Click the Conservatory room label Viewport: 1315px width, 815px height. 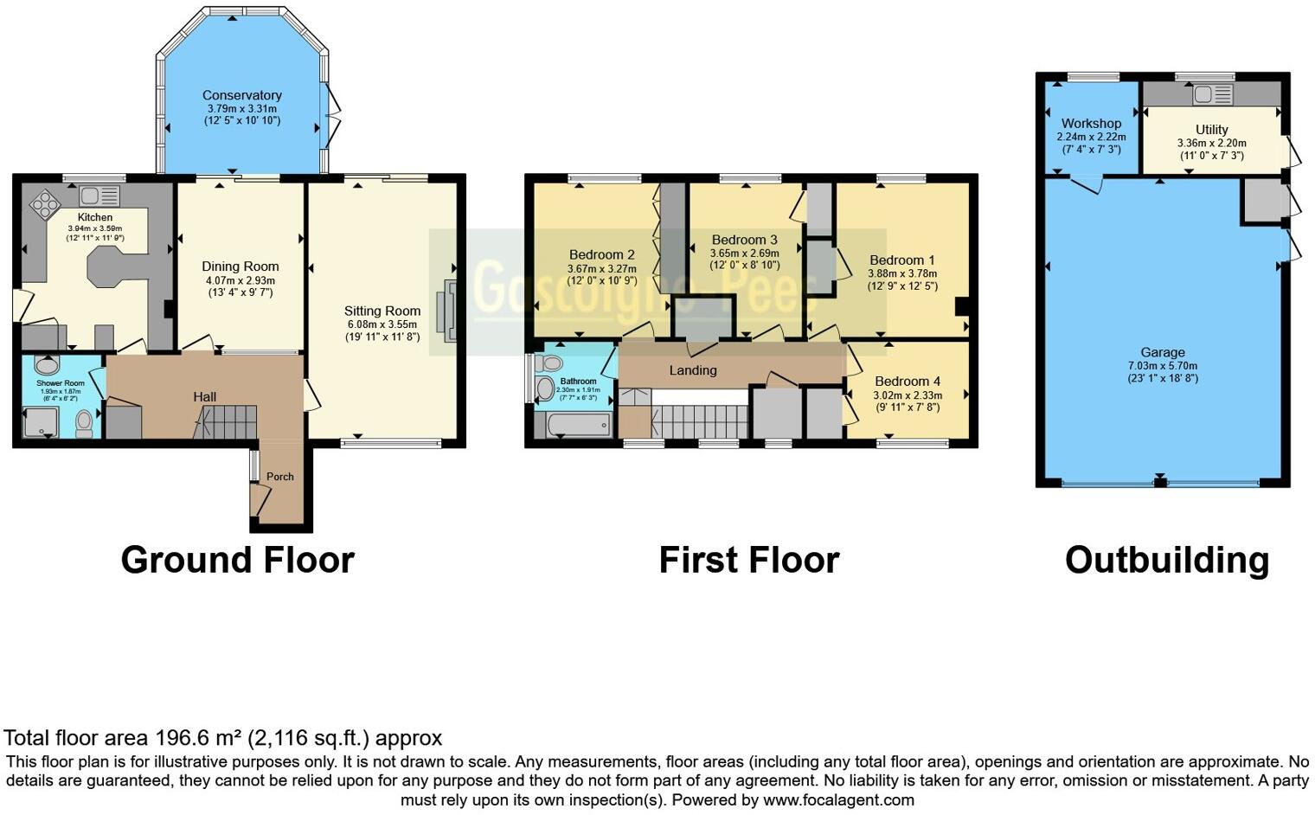coord(242,95)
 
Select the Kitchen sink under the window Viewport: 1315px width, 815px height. coord(99,196)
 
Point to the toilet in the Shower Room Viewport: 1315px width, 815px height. coord(84,422)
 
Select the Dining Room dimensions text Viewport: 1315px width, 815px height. coord(241,286)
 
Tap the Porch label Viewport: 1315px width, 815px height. coord(279,477)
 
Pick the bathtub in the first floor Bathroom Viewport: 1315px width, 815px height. coord(579,425)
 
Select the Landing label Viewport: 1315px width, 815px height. coord(693,370)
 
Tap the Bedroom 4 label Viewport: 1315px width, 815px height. coord(908,382)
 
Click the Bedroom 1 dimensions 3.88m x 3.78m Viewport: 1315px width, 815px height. coord(902,273)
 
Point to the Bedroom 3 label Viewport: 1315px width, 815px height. coord(744,240)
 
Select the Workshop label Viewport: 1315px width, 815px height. coord(1091,124)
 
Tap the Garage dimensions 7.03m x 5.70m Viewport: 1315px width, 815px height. coord(1163,365)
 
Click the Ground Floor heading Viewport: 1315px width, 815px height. coord(238,560)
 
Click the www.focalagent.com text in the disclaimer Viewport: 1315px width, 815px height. coord(838,800)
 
